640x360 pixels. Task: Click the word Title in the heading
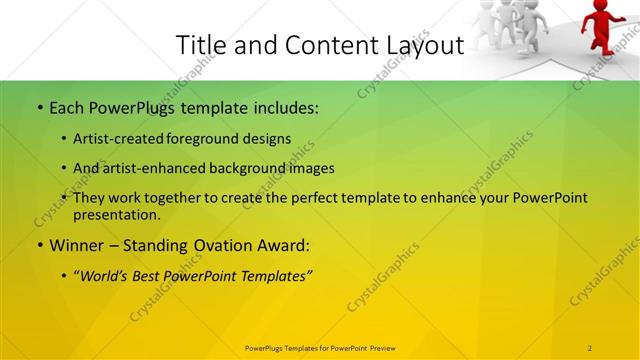click(x=200, y=45)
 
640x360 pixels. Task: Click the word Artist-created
click(x=115, y=139)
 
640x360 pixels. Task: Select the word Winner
click(x=73, y=245)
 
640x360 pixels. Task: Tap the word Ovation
click(x=221, y=245)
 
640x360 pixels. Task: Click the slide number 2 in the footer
click(x=589, y=347)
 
